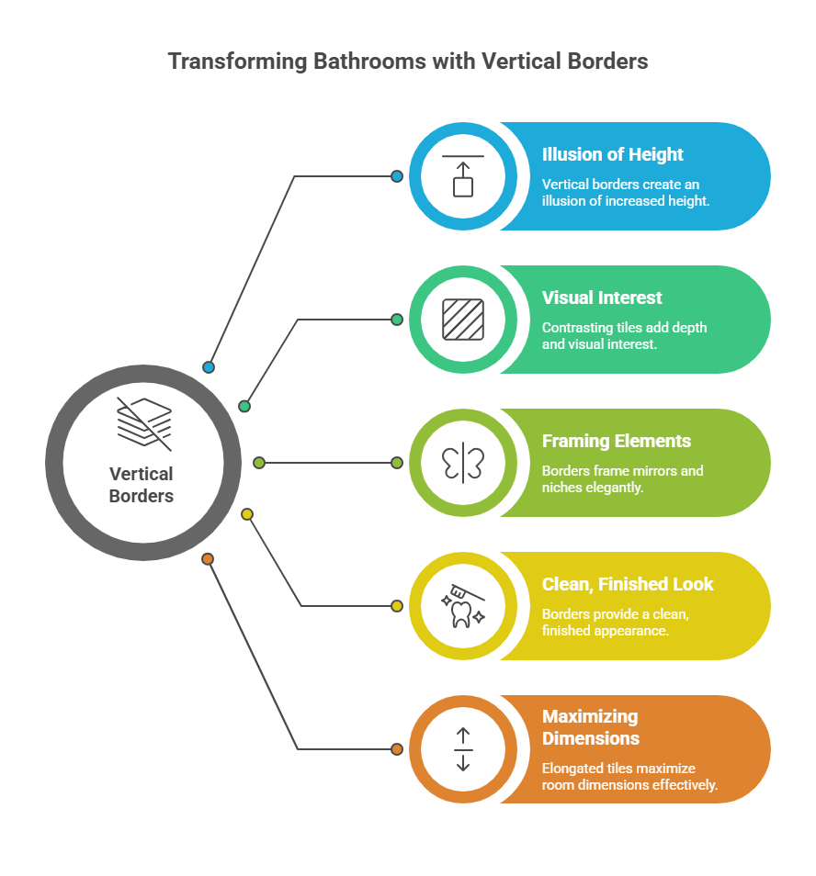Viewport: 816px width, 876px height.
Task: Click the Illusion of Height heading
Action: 613,154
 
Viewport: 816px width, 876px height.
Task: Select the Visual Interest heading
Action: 602,298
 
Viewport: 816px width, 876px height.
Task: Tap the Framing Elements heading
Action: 617,441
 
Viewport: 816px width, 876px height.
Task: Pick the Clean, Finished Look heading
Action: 628,584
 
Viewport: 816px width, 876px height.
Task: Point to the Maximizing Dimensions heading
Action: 590,727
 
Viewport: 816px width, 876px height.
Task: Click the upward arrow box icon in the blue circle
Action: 463,176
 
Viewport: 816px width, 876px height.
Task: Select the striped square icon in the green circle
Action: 463,320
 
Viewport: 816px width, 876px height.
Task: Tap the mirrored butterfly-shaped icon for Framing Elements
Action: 463,463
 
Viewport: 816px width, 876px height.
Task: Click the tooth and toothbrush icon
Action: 463,606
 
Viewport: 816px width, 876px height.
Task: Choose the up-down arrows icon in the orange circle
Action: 463,749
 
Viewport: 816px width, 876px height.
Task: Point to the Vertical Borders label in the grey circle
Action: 142,485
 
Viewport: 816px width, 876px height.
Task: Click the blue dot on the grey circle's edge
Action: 209,367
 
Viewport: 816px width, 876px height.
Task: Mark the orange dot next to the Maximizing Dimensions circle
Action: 397,749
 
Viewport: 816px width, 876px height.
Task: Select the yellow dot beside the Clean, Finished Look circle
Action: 397,606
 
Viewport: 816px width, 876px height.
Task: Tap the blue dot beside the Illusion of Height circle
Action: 397,176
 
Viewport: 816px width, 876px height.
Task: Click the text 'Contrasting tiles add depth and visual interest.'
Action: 625,336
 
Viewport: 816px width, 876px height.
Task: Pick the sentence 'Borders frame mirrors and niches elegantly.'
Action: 623,479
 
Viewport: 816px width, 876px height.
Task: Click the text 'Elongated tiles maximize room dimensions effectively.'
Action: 630,777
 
